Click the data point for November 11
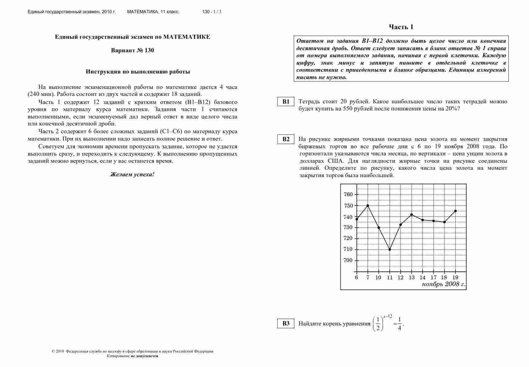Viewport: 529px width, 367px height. [390, 249]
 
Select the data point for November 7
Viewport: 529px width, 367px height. [368, 205]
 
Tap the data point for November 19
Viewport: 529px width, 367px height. [455, 211]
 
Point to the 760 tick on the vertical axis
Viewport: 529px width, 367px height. [348, 194]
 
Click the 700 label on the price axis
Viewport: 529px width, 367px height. [348, 261]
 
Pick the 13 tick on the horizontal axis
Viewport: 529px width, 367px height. [412, 277]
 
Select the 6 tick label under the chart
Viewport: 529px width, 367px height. [356, 277]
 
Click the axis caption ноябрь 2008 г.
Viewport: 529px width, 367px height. [443, 284]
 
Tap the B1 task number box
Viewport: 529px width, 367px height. [286, 102]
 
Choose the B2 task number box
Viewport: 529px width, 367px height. [286, 139]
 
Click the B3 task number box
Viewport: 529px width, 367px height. [286, 324]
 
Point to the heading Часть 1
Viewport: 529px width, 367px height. [401, 27]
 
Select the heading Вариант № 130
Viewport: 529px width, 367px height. [133, 50]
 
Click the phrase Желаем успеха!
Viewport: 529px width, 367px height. [133, 174]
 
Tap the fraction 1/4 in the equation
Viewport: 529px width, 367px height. [399, 324]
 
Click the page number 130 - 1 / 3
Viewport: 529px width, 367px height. [212, 12]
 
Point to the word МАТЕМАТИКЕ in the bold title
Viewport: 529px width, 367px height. [187, 37]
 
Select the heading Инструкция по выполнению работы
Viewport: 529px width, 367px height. [138, 72]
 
